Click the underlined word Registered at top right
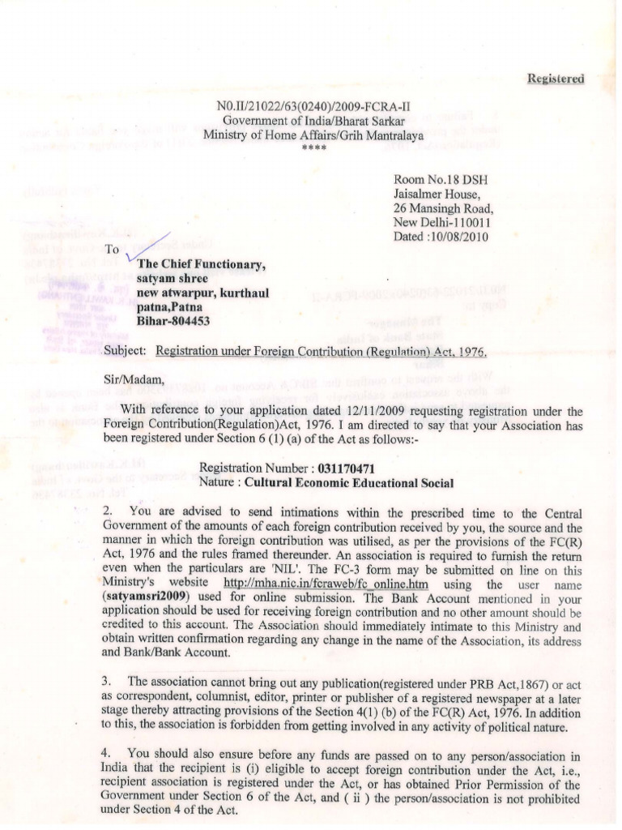555,78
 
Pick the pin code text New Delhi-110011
441,223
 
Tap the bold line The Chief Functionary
201,264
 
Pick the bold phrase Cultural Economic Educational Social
349,482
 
